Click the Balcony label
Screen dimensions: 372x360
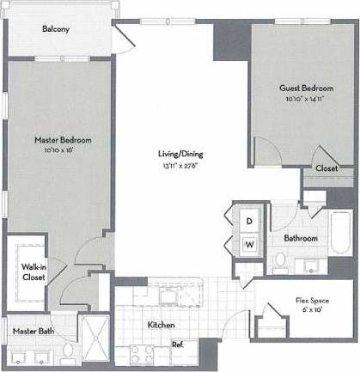[56, 29]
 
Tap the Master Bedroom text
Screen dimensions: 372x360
[63, 139]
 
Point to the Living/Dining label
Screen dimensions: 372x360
[180, 154]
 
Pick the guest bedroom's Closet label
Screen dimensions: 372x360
[326, 169]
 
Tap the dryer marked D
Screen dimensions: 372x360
[249, 221]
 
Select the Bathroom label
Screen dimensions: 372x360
[302, 238]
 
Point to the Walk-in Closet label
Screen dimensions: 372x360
[34, 272]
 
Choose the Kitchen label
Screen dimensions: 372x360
[162, 326]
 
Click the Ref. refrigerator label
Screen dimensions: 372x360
[178, 345]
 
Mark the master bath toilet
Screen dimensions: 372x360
[68, 353]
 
